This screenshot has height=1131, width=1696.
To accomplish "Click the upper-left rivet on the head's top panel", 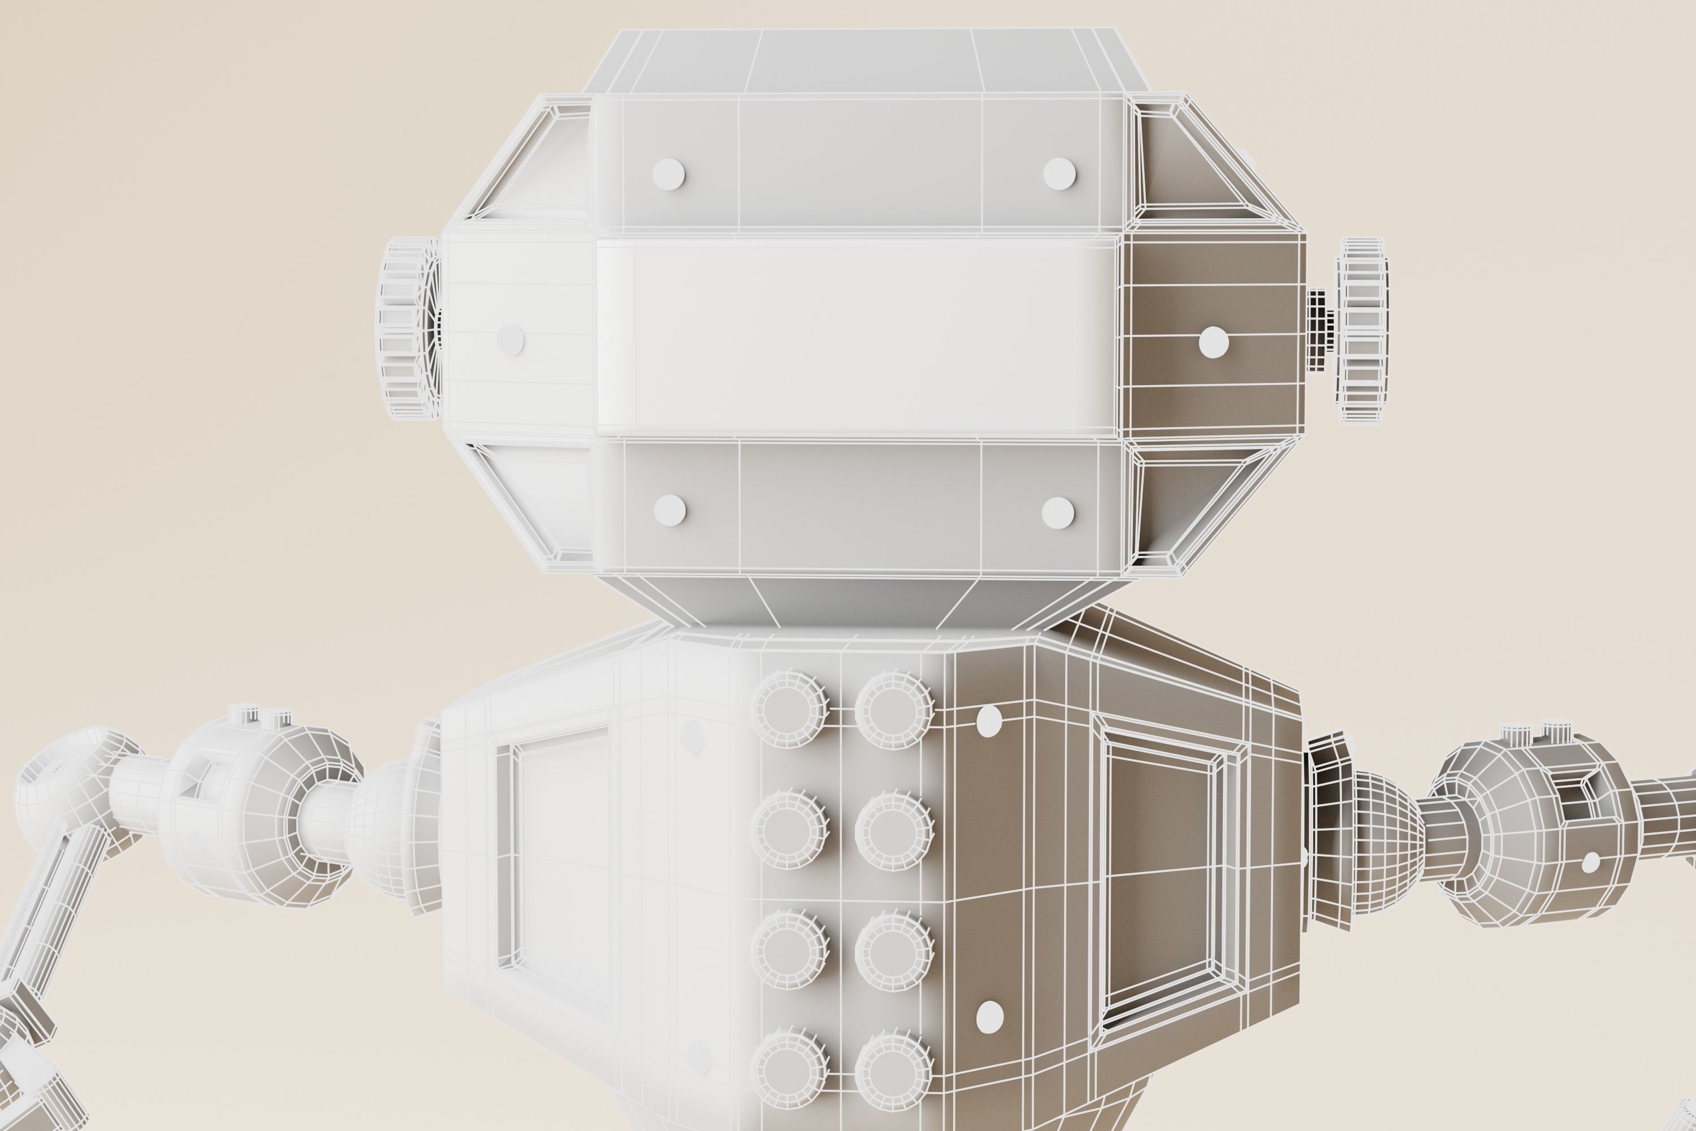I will click(x=668, y=174).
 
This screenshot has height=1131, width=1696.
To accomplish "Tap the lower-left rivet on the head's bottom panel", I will click(x=670, y=510).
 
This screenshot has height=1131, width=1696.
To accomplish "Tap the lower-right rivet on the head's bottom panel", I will click(x=1058, y=513).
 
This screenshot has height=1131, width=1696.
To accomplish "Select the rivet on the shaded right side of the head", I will click(x=1214, y=342).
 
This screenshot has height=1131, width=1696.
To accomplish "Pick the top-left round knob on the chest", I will click(x=790, y=709).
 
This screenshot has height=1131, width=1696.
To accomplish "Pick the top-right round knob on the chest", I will click(x=894, y=709).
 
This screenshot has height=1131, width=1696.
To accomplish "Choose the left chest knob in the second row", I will click(x=790, y=829).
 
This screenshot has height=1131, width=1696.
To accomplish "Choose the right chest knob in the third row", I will click(x=894, y=950).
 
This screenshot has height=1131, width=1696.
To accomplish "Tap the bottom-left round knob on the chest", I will click(x=790, y=1070).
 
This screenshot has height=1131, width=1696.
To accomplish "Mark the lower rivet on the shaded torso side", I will click(x=989, y=1016).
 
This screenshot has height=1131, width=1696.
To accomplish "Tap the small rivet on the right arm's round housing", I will click(x=1590, y=861).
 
